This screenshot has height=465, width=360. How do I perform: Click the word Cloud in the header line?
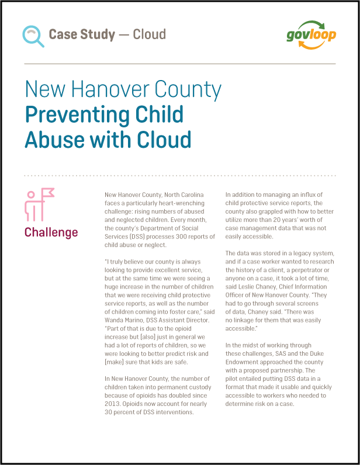tap(150, 34)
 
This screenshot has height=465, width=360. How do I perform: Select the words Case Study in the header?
tap(82, 34)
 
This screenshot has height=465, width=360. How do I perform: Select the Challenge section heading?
tap(51, 232)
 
